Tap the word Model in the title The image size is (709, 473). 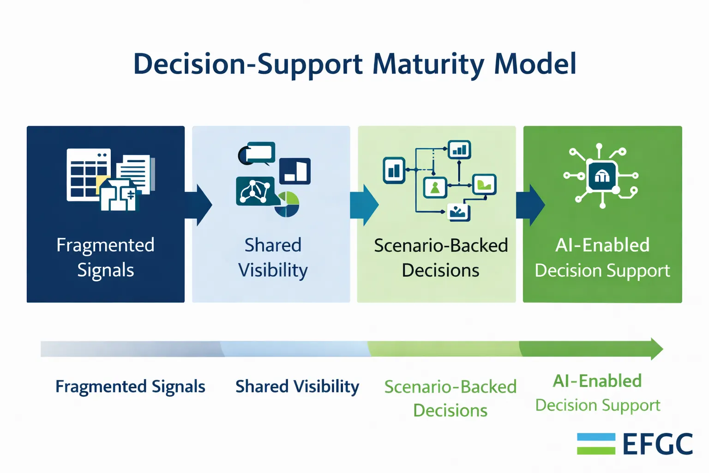click(x=535, y=64)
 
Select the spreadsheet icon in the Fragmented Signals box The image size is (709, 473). click(x=88, y=174)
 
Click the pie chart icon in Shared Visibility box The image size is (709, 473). click(x=288, y=205)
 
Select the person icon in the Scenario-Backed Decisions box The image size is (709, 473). click(x=435, y=188)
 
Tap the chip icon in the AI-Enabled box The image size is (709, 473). click(x=601, y=176)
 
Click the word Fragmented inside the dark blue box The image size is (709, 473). click(x=105, y=245)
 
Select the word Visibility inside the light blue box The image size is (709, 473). click(x=273, y=270)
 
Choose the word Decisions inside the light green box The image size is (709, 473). click(x=440, y=270)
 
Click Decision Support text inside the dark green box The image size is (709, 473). click(x=602, y=271)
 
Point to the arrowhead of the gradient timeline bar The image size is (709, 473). click(x=656, y=349)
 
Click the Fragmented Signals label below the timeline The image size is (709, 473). click(x=130, y=387)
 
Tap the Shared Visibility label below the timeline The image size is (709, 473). click(x=297, y=387)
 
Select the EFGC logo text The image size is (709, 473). click(x=657, y=444)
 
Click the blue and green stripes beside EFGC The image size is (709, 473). click(x=596, y=444)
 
